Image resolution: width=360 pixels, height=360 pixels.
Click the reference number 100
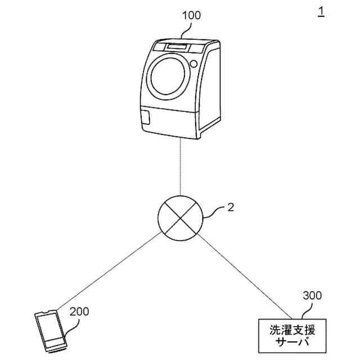point(191,15)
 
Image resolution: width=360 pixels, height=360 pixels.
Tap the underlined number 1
point(321,11)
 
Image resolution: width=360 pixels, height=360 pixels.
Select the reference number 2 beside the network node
point(230,208)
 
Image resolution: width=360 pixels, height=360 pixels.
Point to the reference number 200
point(79,311)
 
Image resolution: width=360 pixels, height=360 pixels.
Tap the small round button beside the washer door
point(193,64)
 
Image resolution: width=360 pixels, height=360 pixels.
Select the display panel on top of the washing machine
point(177,46)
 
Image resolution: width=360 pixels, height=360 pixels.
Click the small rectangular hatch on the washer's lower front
point(147,116)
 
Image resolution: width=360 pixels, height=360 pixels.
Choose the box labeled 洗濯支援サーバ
point(291,335)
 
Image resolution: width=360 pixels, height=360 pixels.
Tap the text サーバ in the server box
point(291,342)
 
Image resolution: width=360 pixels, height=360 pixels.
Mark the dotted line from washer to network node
point(180,169)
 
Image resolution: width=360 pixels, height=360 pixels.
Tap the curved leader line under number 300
point(298,310)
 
